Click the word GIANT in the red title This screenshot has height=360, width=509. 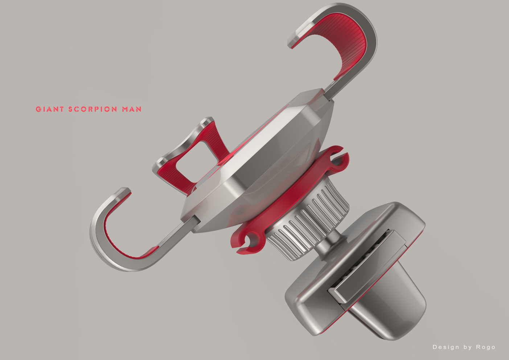coord(50,109)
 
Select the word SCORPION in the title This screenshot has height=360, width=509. coord(93,109)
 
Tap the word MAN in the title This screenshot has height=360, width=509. coord(132,109)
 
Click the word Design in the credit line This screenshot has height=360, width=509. coord(446,347)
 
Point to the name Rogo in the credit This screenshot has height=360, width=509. coord(486,347)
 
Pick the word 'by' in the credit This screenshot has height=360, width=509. coord(467,347)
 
